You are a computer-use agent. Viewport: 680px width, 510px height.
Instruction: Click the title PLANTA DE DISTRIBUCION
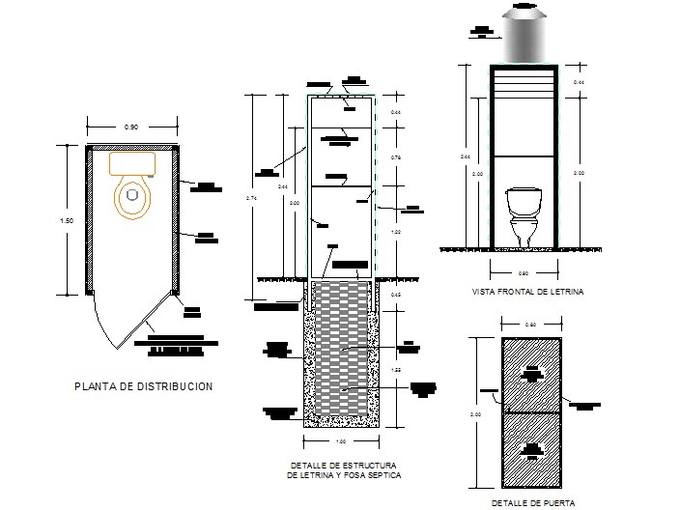(143, 386)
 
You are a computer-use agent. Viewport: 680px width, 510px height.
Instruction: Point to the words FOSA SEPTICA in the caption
(373, 475)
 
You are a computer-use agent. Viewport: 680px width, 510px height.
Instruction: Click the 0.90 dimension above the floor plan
(131, 127)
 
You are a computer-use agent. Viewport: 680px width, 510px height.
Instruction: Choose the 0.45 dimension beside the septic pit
(396, 294)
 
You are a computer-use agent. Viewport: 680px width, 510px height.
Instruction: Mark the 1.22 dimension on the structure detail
(396, 233)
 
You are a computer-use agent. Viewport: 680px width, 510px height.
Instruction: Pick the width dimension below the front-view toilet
(523, 272)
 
